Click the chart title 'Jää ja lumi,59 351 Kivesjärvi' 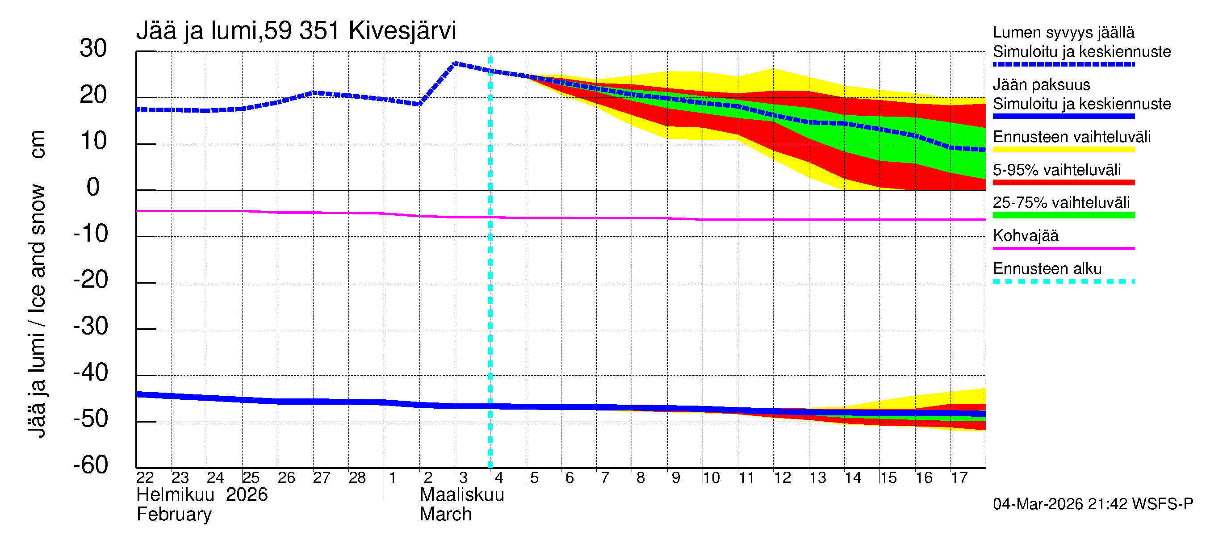[x=296, y=31]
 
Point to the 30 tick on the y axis [x=93, y=48]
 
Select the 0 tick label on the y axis [x=93, y=187]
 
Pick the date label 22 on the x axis [x=145, y=478]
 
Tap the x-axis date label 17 [x=959, y=478]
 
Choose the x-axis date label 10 [x=711, y=478]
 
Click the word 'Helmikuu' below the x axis [x=176, y=495]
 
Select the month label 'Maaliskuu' [x=461, y=495]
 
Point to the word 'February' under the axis [x=174, y=515]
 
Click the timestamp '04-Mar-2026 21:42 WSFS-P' [x=1093, y=504]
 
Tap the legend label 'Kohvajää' [x=1025, y=235]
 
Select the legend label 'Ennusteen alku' [x=1047, y=269]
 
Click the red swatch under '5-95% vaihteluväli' [x=1063, y=183]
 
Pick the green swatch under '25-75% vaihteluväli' [x=1063, y=215]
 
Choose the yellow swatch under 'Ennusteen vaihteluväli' [x=1063, y=150]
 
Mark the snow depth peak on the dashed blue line [x=456, y=63]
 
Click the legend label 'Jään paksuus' [x=1041, y=85]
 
